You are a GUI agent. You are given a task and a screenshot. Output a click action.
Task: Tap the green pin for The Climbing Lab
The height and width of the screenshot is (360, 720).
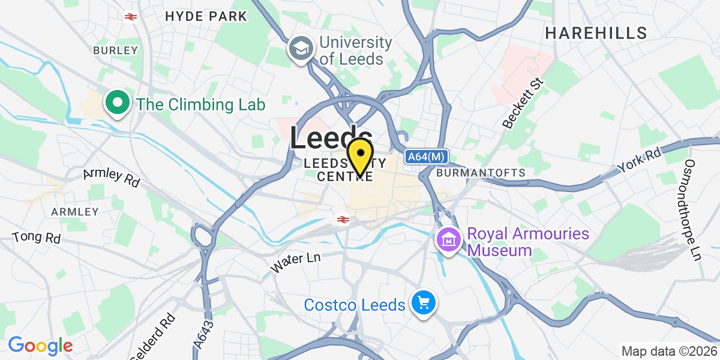click(118, 103)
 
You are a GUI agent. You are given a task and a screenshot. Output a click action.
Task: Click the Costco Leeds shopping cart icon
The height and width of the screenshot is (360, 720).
click(424, 304)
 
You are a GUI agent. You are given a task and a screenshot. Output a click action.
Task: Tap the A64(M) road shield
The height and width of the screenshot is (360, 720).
click(427, 157)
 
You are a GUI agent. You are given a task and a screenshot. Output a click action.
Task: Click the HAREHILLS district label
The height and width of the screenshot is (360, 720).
click(596, 33)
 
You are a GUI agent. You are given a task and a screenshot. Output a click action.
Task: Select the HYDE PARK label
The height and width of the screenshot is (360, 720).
click(206, 16)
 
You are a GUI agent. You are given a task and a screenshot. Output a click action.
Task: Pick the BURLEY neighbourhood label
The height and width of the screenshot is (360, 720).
click(116, 50)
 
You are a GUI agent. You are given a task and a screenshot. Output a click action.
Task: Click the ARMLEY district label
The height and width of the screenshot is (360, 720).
click(75, 212)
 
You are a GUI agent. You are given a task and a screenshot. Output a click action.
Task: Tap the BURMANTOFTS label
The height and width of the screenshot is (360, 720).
click(481, 173)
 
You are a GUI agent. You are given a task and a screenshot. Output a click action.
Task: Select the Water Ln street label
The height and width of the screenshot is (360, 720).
click(296, 262)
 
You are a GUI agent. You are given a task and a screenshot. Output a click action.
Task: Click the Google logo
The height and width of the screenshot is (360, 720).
click(40, 346)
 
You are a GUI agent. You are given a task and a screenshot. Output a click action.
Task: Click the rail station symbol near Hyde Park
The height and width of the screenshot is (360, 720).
click(129, 16)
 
